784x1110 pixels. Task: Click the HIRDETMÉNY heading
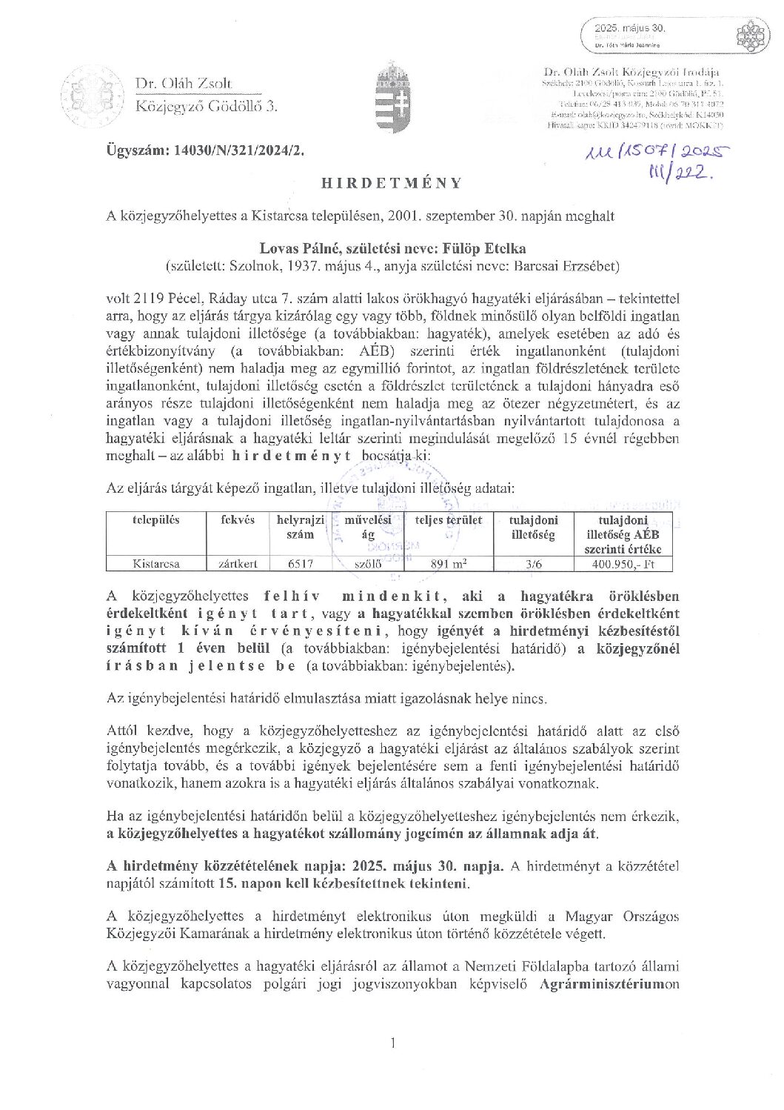coord(392,183)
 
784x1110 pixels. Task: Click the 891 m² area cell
coord(449,564)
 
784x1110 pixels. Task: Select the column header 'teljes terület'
coord(449,520)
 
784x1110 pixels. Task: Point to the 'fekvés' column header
coord(238,520)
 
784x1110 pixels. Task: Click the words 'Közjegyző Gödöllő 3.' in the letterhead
coord(206,107)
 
